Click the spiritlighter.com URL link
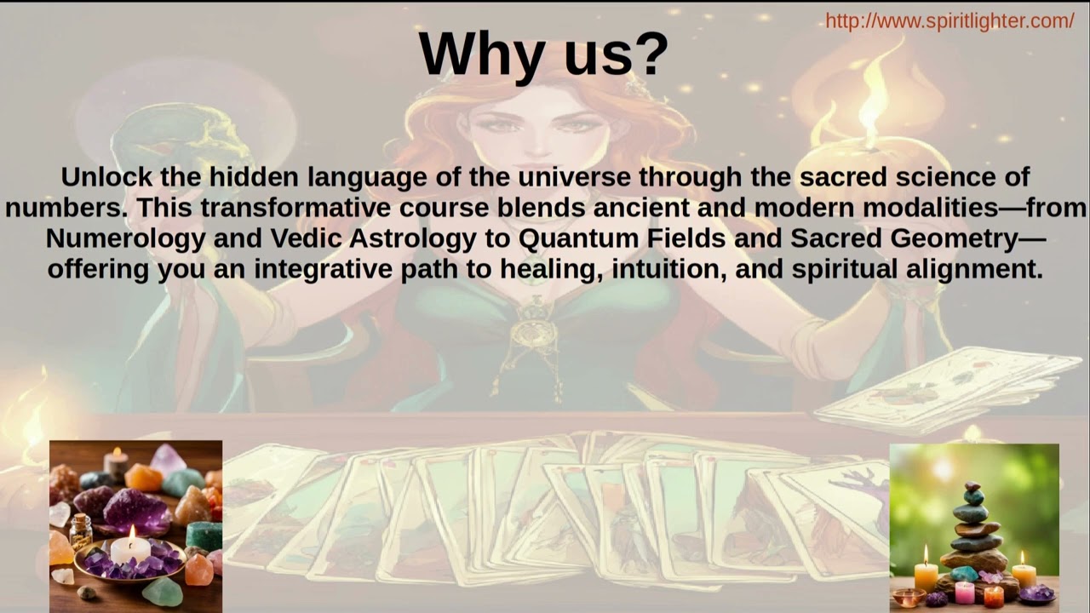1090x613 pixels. [949, 21]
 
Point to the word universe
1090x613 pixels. [571, 177]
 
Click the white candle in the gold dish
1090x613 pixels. [130, 547]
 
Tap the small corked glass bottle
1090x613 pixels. [81, 530]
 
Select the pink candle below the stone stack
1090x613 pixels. [964, 591]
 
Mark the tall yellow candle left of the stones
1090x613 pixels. [926, 576]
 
